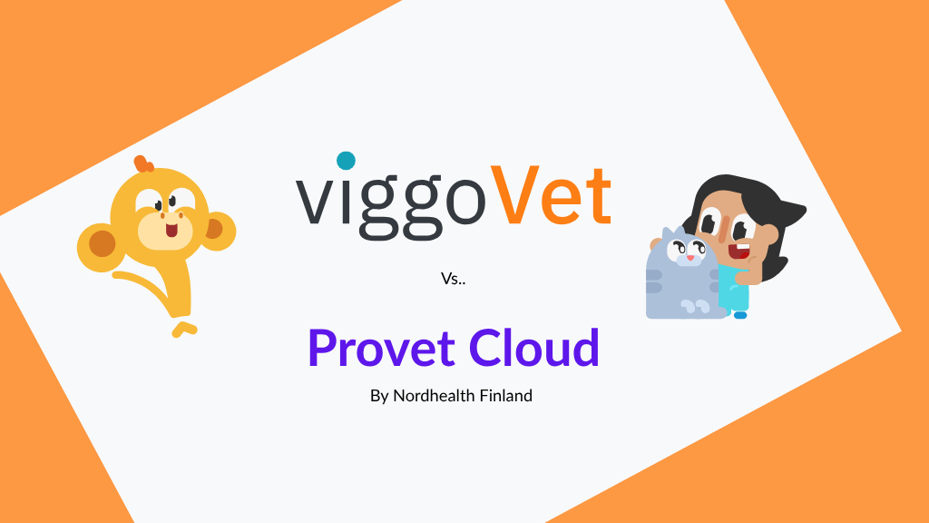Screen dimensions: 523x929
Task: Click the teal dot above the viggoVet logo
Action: [x=345, y=161]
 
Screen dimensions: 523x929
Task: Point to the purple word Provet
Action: [x=380, y=349]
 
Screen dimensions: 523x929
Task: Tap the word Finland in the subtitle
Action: [x=504, y=397]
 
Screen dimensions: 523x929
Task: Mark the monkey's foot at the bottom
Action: [x=184, y=327]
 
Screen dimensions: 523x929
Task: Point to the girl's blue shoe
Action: [x=739, y=315]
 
